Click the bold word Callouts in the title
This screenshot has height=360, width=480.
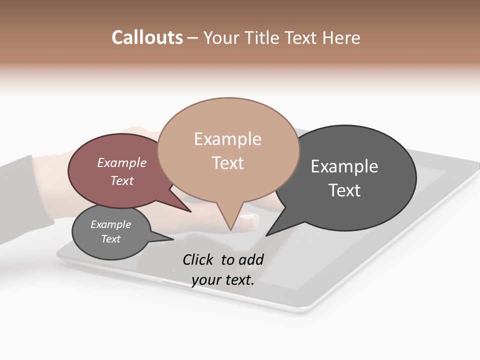[x=147, y=37]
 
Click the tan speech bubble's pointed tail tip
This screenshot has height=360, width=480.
[x=230, y=230]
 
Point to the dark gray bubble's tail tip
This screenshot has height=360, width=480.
[x=266, y=235]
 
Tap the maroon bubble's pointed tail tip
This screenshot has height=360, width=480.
[x=190, y=211]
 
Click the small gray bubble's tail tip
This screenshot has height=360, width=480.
[x=173, y=239]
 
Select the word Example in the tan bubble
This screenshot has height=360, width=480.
[x=227, y=139]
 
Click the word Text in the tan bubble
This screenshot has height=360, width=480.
[x=227, y=163]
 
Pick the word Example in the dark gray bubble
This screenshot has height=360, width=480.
[x=344, y=166]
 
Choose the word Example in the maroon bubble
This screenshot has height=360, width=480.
[x=121, y=163]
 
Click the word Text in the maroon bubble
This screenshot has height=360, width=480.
[x=121, y=180]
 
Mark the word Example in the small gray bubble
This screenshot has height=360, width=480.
[x=110, y=224]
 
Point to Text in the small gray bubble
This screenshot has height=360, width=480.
[x=110, y=239]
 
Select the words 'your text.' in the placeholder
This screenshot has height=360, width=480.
[x=222, y=280]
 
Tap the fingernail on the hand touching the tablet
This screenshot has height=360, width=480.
[x=248, y=217]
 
